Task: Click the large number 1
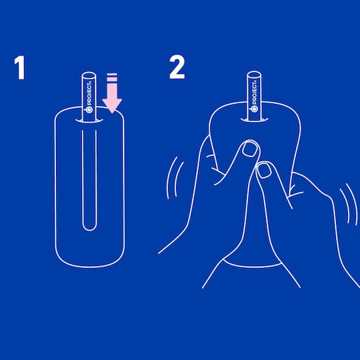pyautogui.click(x=20, y=68)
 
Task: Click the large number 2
pyautogui.click(x=177, y=67)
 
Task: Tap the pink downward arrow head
pyautogui.click(x=112, y=106)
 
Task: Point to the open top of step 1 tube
pyautogui.click(x=89, y=76)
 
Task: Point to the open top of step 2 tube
pyautogui.click(x=254, y=75)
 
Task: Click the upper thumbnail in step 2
pyautogui.click(x=250, y=149)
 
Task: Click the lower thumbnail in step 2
pyautogui.click(x=264, y=171)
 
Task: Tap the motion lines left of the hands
pyautogui.click(x=175, y=178)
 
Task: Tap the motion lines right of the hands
pyautogui.click(x=349, y=204)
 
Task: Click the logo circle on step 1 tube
pyautogui.click(x=89, y=110)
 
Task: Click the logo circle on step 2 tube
pyautogui.click(x=255, y=109)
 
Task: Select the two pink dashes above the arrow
pyautogui.click(x=112, y=77)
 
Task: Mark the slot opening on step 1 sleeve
pyautogui.click(x=89, y=121)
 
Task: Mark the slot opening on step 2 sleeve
pyautogui.click(x=255, y=120)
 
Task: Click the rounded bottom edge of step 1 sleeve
pyautogui.click(x=89, y=266)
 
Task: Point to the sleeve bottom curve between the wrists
pyautogui.click(x=253, y=265)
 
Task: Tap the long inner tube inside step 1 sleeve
pyautogui.click(x=89, y=180)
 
